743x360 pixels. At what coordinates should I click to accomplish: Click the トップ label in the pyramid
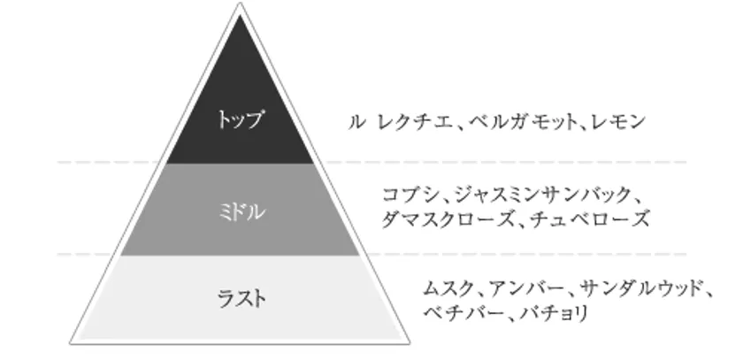pyautogui.click(x=240, y=119)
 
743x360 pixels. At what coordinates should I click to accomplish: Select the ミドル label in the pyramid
pyautogui.click(x=241, y=211)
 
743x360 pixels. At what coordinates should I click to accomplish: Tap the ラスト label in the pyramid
pyautogui.click(x=241, y=298)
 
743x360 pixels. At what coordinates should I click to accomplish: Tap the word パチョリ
pyautogui.click(x=554, y=312)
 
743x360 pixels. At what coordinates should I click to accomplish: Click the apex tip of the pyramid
pyautogui.click(x=241, y=3)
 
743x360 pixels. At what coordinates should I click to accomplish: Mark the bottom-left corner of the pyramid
pyautogui.click(x=70, y=343)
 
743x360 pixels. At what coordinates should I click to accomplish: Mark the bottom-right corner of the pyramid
pyautogui.click(x=410, y=343)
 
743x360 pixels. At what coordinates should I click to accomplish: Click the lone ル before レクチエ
pyautogui.click(x=356, y=122)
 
